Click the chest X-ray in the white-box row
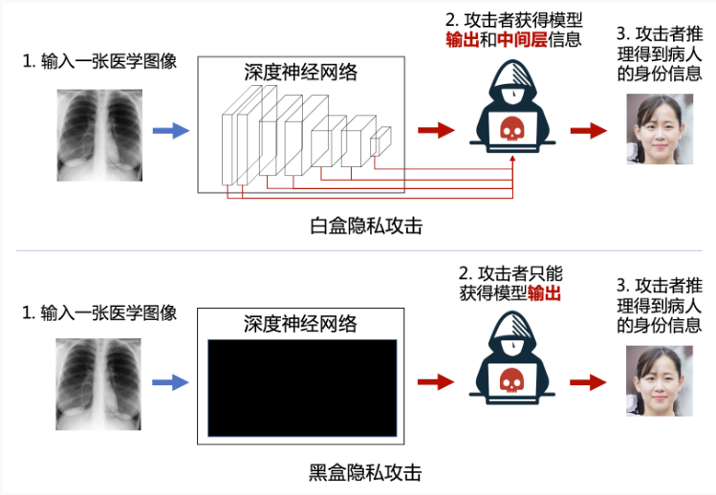coord(99,135)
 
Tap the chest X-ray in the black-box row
coord(98,384)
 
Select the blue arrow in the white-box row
coord(171,131)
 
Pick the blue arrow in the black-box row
coord(170,382)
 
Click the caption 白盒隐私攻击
coord(366,226)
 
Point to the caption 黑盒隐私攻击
coord(365,473)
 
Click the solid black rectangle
coord(302,388)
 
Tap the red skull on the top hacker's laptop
coord(511,129)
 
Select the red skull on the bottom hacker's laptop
coord(511,380)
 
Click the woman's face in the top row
coord(660,129)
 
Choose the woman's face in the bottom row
coord(660,381)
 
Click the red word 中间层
coord(522,40)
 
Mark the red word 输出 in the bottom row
coord(544,292)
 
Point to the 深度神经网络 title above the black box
coord(300,324)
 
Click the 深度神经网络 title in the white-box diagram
coord(301,73)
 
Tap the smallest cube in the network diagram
coord(380,141)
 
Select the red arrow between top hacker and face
coord(589,131)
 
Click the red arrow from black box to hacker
coord(436,382)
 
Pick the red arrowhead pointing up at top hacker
coord(512,159)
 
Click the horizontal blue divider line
coord(358,250)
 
